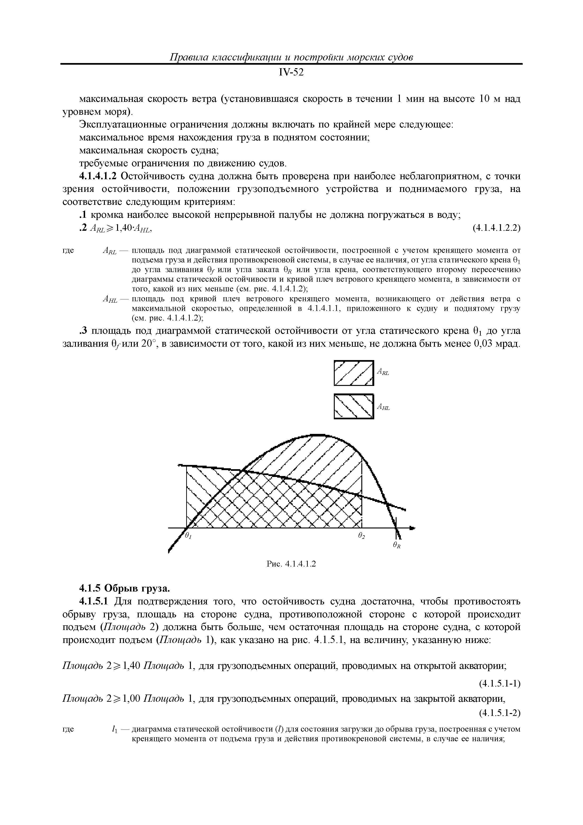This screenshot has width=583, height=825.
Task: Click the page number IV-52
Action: (291, 73)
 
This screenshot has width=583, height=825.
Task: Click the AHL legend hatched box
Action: (354, 406)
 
